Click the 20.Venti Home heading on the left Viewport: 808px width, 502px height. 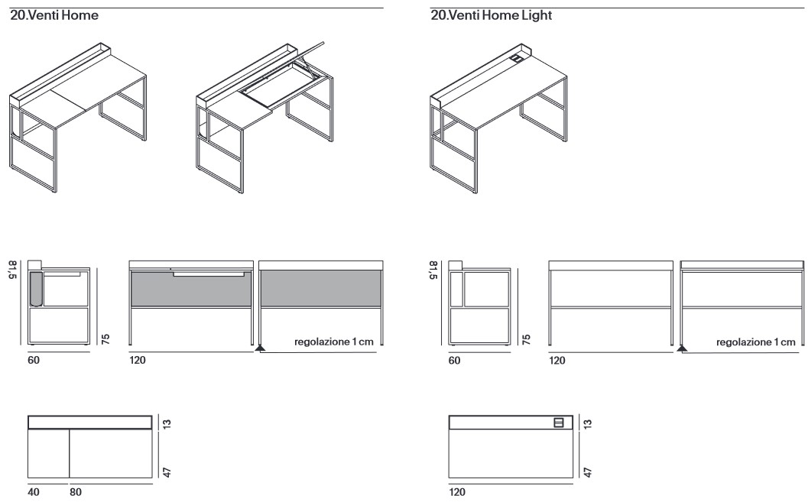click(x=54, y=15)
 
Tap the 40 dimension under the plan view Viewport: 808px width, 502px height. click(x=34, y=493)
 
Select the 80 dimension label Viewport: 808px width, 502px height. click(x=75, y=493)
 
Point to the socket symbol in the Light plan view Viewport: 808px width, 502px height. click(x=558, y=423)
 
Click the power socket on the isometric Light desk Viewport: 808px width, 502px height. click(x=517, y=57)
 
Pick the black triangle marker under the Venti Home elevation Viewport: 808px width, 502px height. click(x=260, y=348)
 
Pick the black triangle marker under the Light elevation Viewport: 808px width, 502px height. click(x=682, y=348)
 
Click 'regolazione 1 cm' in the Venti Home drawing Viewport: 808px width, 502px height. click(x=333, y=342)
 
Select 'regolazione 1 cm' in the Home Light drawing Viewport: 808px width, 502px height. click(x=755, y=342)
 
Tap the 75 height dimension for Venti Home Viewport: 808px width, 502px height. click(x=105, y=338)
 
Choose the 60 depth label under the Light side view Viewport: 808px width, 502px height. click(x=454, y=360)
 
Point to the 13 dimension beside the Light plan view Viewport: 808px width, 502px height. click(x=586, y=423)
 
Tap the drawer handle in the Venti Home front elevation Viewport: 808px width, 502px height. click(x=209, y=273)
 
